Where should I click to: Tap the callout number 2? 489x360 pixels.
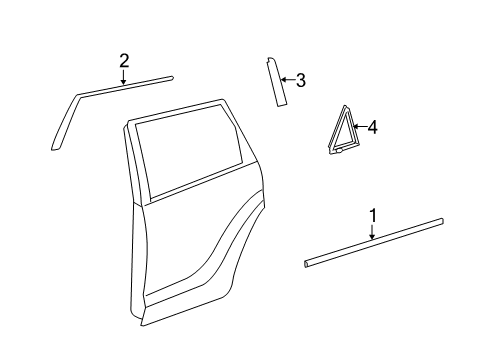tap(124, 59)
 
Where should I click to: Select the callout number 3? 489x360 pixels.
tap(300, 80)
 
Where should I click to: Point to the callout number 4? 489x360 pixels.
tap(372, 127)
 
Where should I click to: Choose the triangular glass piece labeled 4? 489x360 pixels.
tap(339, 134)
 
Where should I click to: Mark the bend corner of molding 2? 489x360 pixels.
tap(76, 96)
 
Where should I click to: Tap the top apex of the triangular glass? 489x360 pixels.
tap(345, 106)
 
